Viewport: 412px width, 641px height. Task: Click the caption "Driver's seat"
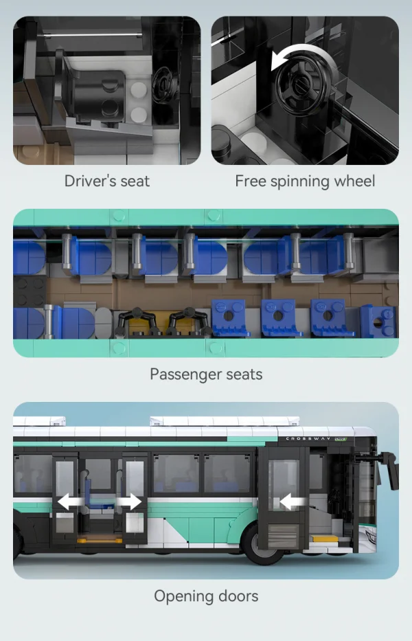106,181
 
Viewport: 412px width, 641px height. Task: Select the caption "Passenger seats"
206,374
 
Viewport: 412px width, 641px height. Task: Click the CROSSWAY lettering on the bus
308,438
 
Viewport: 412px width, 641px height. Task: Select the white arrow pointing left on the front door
291,502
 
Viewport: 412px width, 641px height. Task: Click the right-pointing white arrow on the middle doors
130,502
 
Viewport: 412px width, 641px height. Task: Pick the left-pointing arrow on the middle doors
69,502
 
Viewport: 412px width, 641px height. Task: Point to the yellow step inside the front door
325,539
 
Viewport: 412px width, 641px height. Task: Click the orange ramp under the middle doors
100,540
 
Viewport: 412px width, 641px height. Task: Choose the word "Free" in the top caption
250,181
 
